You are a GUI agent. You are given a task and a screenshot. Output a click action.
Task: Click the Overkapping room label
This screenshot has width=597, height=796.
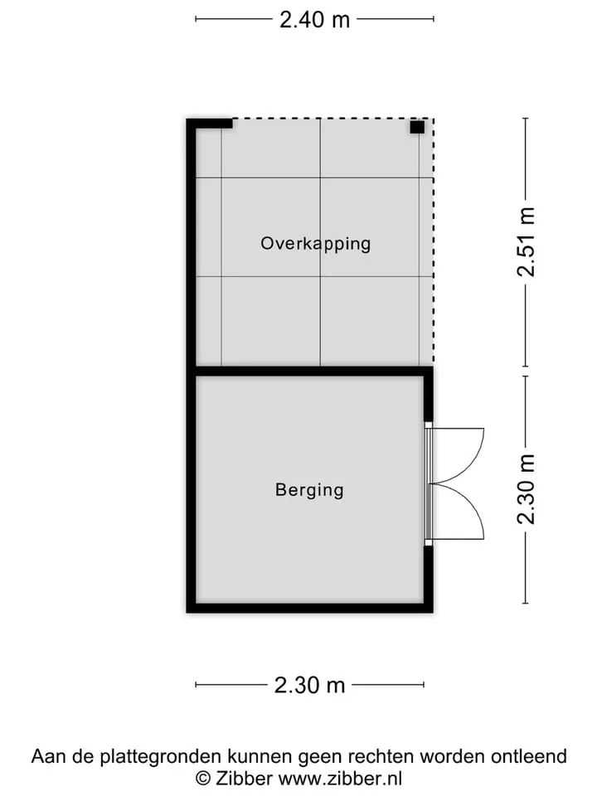click(315, 244)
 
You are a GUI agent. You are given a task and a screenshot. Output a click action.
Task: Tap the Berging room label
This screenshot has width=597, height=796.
click(309, 490)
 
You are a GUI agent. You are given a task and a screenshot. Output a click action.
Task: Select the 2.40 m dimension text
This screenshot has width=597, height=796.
click(315, 20)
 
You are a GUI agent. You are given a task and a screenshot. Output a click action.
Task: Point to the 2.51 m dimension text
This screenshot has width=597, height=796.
click(526, 242)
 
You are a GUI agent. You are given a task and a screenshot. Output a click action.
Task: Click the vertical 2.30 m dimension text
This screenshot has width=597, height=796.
click(526, 489)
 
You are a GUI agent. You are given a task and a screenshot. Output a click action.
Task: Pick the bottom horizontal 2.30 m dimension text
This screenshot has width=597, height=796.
click(309, 686)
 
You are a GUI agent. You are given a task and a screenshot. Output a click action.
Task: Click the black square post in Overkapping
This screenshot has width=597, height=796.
click(417, 127)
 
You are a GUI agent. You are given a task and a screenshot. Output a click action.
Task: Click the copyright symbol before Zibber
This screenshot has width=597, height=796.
click(203, 779)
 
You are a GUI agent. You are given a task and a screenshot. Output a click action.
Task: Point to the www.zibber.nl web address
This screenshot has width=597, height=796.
click(341, 779)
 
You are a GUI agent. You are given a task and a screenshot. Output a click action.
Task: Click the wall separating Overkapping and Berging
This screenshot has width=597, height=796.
click(309, 371)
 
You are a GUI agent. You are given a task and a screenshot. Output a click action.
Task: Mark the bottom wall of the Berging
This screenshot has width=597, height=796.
click(309, 608)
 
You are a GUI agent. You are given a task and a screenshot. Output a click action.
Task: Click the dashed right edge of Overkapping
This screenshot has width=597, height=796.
click(433, 241)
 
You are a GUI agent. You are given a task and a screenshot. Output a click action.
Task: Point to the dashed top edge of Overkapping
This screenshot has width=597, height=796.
click(333, 119)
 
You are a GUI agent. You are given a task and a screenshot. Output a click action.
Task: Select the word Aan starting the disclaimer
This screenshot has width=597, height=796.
click(49, 756)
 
